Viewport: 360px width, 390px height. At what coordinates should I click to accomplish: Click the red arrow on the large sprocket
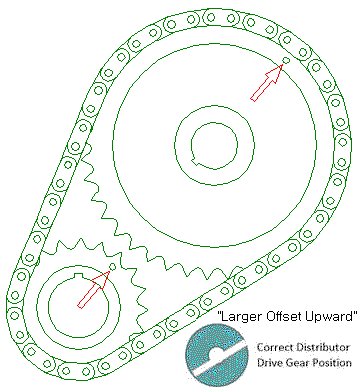[x=264, y=82]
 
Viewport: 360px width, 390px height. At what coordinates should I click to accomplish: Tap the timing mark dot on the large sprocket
[x=286, y=62]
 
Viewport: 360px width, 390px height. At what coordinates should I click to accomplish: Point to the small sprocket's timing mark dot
[x=112, y=268]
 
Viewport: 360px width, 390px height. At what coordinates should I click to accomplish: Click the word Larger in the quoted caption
[x=240, y=316]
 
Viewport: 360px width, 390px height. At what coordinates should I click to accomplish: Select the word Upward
[x=332, y=316]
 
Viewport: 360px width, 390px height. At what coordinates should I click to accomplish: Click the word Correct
[x=276, y=347]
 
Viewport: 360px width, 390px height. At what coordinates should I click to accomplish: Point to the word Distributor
[x=325, y=347]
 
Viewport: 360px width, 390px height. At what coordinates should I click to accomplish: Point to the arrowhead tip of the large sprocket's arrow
[x=281, y=67]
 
